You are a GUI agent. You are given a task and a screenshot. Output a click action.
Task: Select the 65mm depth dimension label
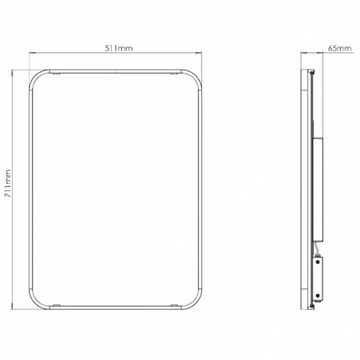(x=339, y=49)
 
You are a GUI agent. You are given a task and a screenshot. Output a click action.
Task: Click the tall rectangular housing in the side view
(x=317, y=189)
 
